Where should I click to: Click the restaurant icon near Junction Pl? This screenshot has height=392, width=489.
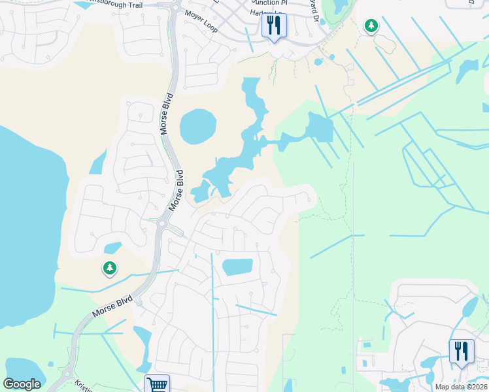coord(273,25)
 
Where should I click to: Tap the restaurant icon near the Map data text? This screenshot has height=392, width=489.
coord(462,351)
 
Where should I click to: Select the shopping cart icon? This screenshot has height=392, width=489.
coord(157,384)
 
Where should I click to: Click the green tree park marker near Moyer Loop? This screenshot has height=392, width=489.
coord(371,26)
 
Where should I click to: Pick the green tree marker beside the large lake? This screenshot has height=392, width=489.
coord(109,268)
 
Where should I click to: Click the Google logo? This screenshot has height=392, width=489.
coord(22,384)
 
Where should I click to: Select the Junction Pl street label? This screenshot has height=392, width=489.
coord(265,3)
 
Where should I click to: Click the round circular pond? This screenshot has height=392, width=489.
coord(197,126)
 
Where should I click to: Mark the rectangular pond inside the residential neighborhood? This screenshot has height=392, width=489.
coord(237,267)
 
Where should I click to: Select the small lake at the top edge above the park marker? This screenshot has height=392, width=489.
coord(340,7)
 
